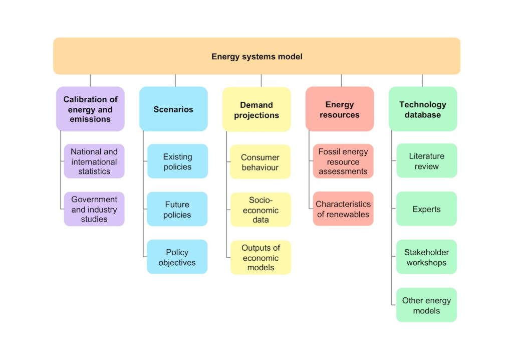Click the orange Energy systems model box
256,56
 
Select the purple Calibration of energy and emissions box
90,109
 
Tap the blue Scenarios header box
173,109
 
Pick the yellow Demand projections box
256,109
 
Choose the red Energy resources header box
340,109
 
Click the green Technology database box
423,109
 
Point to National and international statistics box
94,161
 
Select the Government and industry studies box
94,209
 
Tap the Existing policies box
177,161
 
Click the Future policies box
177,209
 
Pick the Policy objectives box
177,257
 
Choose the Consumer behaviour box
261,161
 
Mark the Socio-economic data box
261,210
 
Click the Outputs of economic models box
261,257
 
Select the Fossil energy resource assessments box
343,161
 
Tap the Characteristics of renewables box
343,209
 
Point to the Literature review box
427,161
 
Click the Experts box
427,209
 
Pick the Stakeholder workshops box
427,257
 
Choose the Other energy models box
427,305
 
